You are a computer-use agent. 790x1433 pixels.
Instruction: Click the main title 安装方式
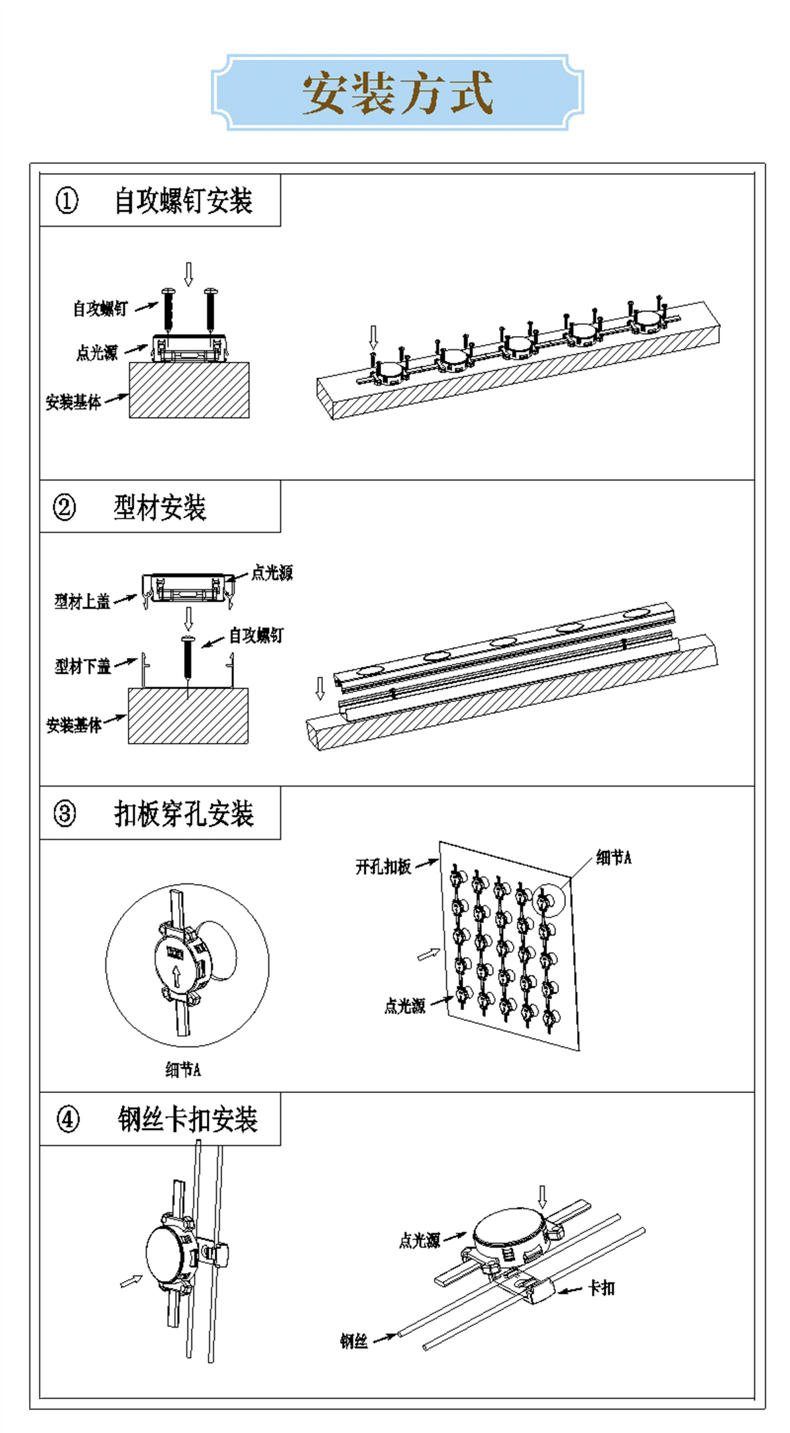[398, 93]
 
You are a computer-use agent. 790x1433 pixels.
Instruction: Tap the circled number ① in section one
[66, 200]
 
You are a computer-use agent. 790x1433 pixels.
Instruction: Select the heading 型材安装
[160, 508]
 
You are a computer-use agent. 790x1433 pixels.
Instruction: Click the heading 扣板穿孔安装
[184, 813]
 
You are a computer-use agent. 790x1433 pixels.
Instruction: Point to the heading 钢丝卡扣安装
[188, 1119]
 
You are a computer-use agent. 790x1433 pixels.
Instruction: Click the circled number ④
[68, 1119]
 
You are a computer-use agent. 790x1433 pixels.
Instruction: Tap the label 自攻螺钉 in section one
[100, 308]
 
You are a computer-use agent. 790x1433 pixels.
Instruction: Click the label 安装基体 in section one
[73, 402]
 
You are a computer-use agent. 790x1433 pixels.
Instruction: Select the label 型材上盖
[82, 601]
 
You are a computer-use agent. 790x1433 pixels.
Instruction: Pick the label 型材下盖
[82, 666]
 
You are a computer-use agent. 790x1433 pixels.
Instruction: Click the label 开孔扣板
[383, 866]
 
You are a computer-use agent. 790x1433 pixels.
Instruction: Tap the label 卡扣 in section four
[602, 1288]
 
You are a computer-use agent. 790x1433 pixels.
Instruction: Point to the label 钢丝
[354, 1342]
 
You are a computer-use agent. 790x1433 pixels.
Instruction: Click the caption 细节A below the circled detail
[183, 1069]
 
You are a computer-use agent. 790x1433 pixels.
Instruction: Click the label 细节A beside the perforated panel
[614, 858]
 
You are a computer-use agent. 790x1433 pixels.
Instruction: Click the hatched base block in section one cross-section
[189, 390]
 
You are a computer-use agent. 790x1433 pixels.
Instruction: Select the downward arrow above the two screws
[188, 274]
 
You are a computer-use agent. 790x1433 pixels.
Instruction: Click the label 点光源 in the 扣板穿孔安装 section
[404, 1006]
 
